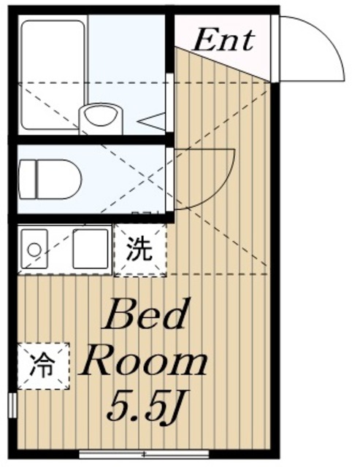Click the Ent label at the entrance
[x=223, y=40]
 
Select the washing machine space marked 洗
[x=140, y=250]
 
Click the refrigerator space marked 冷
[x=44, y=366]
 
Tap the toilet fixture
[x=50, y=179]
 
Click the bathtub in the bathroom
[x=53, y=74]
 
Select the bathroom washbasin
[x=101, y=117]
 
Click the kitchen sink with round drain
[x=33, y=248]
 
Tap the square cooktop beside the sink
[x=91, y=248]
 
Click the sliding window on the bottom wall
[x=145, y=454]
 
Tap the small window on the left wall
[x=12, y=406]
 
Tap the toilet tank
[x=28, y=179]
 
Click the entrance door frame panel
[x=275, y=48]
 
